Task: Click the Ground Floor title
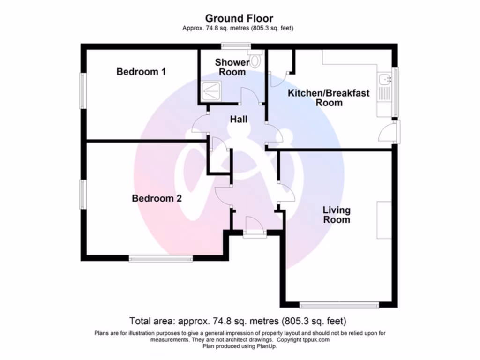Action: tap(240, 19)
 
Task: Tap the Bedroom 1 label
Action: tap(141, 72)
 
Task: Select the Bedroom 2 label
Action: tap(157, 198)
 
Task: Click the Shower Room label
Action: tap(232, 67)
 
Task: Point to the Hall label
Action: tap(239, 120)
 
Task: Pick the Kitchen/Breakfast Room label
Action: tap(329, 97)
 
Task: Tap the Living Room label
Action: tap(336, 215)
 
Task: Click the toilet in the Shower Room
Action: tap(255, 60)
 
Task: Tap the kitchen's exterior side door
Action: tap(389, 132)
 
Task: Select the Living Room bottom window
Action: tap(339, 305)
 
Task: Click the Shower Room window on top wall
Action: tap(236, 46)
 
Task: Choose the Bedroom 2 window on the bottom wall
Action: tap(161, 258)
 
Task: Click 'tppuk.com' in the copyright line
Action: tap(315, 339)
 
